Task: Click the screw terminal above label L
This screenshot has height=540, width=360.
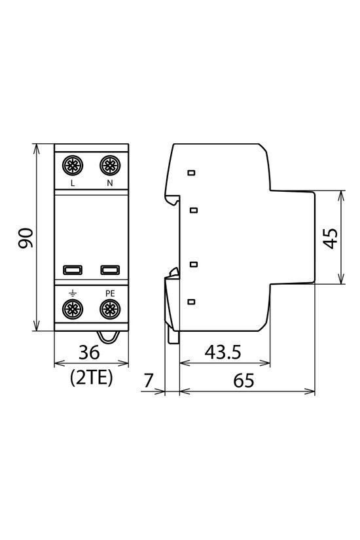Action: tap(72, 164)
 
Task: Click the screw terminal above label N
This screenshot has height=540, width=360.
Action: tap(109, 164)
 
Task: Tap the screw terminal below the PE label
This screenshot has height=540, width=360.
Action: tap(109, 308)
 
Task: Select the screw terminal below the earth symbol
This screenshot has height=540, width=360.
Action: tap(72, 308)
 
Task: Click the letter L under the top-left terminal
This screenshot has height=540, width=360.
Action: tap(72, 184)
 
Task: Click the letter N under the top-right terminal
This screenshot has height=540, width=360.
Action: tap(109, 184)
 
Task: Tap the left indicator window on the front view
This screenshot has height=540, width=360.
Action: tap(72, 269)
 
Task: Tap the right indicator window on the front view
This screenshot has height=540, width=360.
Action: tap(109, 269)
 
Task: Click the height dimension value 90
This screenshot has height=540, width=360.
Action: tap(26, 238)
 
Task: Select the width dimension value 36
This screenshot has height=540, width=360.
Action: tap(89, 353)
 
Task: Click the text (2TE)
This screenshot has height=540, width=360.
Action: tap(90, 377)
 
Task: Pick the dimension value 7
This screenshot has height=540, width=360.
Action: tap(148, 379)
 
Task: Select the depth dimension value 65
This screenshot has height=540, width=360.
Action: tap(243, 380)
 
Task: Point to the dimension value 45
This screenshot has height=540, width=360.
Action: tap(331, 238)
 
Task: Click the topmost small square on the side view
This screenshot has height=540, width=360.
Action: tap(191, 173)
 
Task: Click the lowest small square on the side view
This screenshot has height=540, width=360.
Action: tap(191, 302)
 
